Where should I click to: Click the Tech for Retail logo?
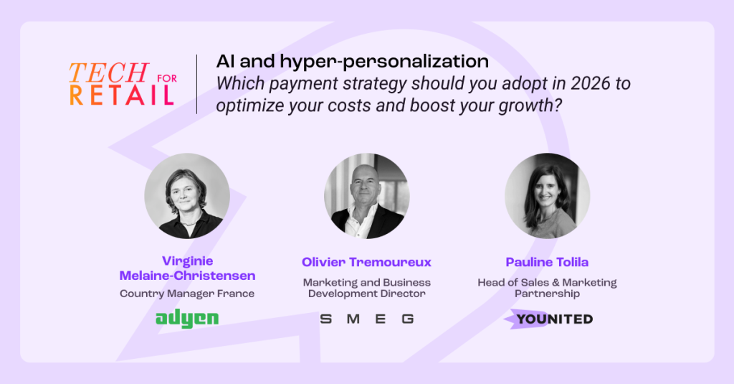pyautogui.click(x=123, y=84)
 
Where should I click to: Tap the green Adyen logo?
pyautogui.click(x=187, y=319)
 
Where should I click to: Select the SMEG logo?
pyautogui.click(x=367, y=319)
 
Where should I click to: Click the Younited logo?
pyautogui.click(x=548, y=319)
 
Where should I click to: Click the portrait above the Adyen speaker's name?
pyautogui.click(x=187, y=196)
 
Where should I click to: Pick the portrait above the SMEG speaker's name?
pyautogui.click(x=367, y=196)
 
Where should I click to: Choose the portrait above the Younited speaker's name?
pyautogui.click(x=547, y=196)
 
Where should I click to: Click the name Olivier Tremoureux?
pyautogui.click(x=366, y=262)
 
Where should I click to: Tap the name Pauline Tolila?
pyautogui.click(x=547, y=262)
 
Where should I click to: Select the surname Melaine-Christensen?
pyautogui.click(x=187, y=276)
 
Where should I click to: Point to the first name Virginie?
pyautogui.click(x=187, y=261)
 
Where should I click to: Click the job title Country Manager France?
pyautogui.click(x=187, y=294)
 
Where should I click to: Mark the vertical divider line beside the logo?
pyautogui.click(x=196, y=84)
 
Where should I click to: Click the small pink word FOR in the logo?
pyautogui.click(x=167, y=78)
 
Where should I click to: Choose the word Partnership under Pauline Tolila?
pyautogui.click(x=547, y=294)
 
